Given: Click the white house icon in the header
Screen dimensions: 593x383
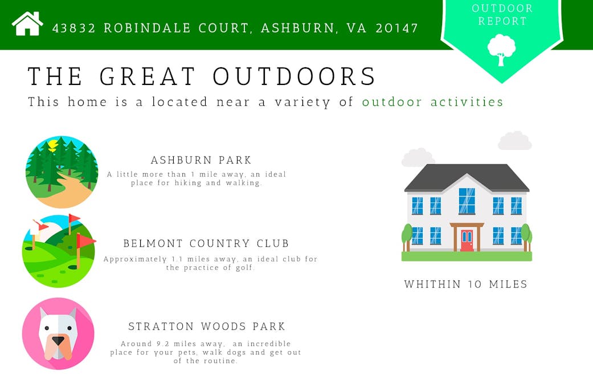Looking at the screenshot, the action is [x=27, y=23].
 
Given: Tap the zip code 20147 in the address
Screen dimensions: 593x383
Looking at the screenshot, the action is [x=396, y=28].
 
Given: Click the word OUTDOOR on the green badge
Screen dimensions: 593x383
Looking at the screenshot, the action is [x=502, y=9].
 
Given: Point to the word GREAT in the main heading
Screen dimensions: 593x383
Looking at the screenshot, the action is [x=148, y=76].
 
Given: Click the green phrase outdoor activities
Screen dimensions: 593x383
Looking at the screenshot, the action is [x=433, y=102].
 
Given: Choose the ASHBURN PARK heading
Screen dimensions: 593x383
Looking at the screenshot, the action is [x=201, y=160].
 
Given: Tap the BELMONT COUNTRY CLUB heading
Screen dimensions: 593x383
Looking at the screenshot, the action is [x=206, y=243].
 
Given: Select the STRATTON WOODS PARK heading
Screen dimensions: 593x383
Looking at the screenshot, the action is [x=207, y=326].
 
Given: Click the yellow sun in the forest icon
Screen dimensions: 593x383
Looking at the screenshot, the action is [x=52, y=145].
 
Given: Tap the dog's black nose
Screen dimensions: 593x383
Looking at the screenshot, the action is [x=58, y=341].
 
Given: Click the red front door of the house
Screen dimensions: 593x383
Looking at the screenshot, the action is [x=467, y=241].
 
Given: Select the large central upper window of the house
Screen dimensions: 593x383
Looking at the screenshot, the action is [x=467, y=201].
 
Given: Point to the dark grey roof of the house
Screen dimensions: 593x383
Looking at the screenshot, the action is [x=467, y=177].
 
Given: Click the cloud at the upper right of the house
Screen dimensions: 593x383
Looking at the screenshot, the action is [x=515, y=141].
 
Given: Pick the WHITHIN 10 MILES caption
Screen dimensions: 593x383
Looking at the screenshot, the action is [x=465, y=284].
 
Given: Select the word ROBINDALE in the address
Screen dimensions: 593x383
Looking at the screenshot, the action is [x=147, y=28].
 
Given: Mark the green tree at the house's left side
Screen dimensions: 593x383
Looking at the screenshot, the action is [x=407, y=237].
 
